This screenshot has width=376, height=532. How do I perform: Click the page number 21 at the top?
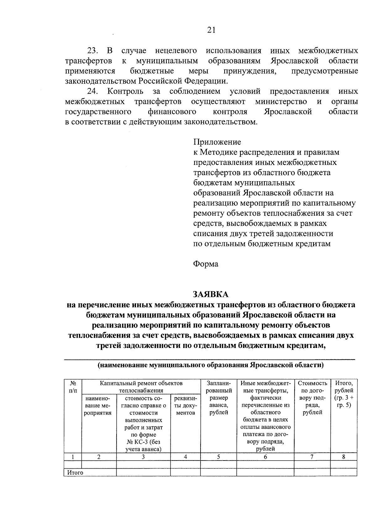tap(211, 30)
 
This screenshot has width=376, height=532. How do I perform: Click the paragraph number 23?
tap(93, 51)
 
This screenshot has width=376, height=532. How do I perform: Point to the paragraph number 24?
tap(93, 92)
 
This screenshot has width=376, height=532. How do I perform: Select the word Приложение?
tap(217, 142)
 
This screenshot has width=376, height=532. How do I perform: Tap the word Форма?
tap(206, 264)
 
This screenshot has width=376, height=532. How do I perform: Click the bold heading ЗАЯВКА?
tap(211, 294)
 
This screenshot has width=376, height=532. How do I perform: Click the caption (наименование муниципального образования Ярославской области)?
tap(211, 365)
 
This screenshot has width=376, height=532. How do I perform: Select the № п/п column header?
tap(72, 387)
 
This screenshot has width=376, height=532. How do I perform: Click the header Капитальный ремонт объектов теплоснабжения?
tap(141, 387)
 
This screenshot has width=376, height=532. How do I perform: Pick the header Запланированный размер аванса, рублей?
tap(218, 398)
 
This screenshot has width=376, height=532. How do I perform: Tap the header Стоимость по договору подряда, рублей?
tap(312, 398)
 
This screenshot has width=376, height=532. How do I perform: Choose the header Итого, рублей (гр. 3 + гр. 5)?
tap(344, 394)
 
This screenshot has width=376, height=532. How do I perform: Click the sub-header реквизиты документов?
tap(185, 405)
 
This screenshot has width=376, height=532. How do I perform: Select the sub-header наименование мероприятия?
tap(99, 405)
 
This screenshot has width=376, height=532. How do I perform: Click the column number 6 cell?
tap(265, 457)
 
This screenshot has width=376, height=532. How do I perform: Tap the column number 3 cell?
tap(143, 457)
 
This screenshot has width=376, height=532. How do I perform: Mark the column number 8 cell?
tap(343, 457)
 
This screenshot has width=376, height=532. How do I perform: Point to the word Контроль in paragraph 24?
tap(125, 92)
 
